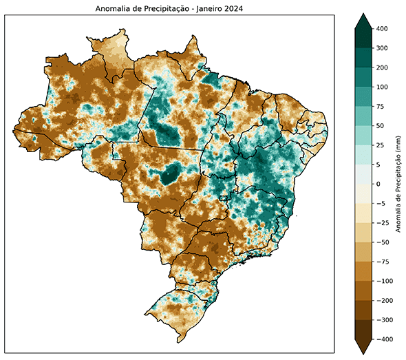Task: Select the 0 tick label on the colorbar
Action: [x=378, y=184]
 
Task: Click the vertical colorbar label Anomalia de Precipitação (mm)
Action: [x=398, y=184]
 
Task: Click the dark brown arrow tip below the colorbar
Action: [x=363, y=348]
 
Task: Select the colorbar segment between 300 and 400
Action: [x=363, y=39]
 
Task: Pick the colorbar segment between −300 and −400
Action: [x=363, y=330]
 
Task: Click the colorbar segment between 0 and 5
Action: [x=363, y=175]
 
